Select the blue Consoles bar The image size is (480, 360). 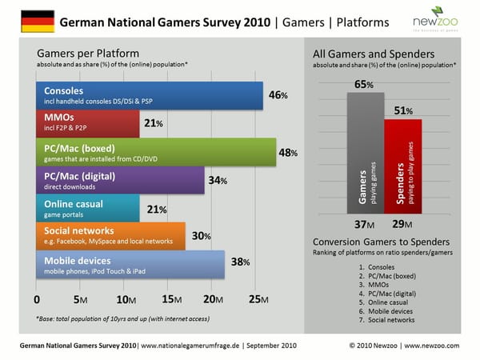pos(149,95)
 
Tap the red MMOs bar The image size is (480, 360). pos(88,124)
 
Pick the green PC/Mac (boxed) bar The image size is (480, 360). pos(155,152)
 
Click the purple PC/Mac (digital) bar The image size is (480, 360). pos(119,181)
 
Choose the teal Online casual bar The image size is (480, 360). pos(88,209)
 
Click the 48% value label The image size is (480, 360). pos(289,153)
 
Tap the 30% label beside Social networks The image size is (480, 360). pos(202,237)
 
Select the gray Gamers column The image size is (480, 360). pos(365,153)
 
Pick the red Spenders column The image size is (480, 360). pos(402,167)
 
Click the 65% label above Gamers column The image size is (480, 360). pos(364,84)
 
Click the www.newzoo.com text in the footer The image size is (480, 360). pos(433,346)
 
